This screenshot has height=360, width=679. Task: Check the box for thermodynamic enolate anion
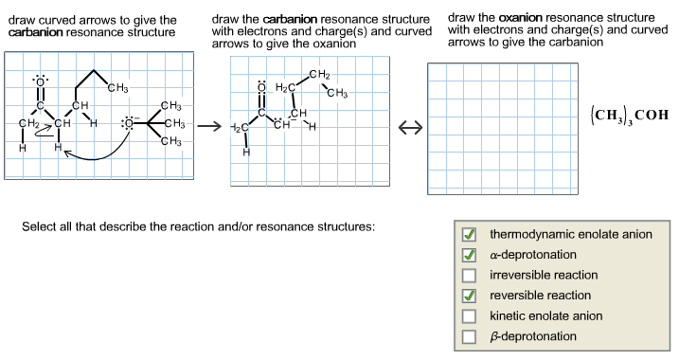[x=468, y=235]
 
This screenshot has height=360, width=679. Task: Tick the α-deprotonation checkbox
[x=468, y=256]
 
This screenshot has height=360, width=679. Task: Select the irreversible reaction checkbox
[x=468, y=276]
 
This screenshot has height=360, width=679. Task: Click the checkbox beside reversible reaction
[x=468, y=296]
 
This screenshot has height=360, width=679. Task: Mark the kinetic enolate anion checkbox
[x=468, y=316]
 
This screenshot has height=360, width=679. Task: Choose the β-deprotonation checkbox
[x=468, y=336]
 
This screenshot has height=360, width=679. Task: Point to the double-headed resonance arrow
[x=409, y=129]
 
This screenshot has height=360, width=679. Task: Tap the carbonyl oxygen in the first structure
[x=41, y=82]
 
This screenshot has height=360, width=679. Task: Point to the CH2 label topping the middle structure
[x=319, y=75]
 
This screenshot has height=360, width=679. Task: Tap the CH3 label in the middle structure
[x=336, y=93]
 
